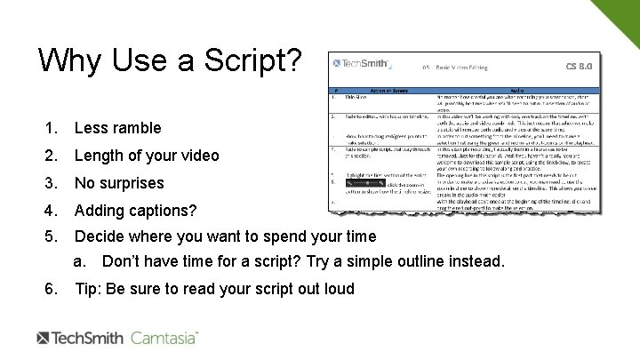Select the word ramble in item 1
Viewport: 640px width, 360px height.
[x=136, y=128]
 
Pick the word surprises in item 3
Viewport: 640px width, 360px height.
[x=131, y=183]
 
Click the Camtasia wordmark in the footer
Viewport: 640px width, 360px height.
[x=164, y=339]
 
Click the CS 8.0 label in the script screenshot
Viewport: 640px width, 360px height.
[x=578, y=67]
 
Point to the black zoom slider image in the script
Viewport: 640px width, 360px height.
[x=362, y=181]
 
